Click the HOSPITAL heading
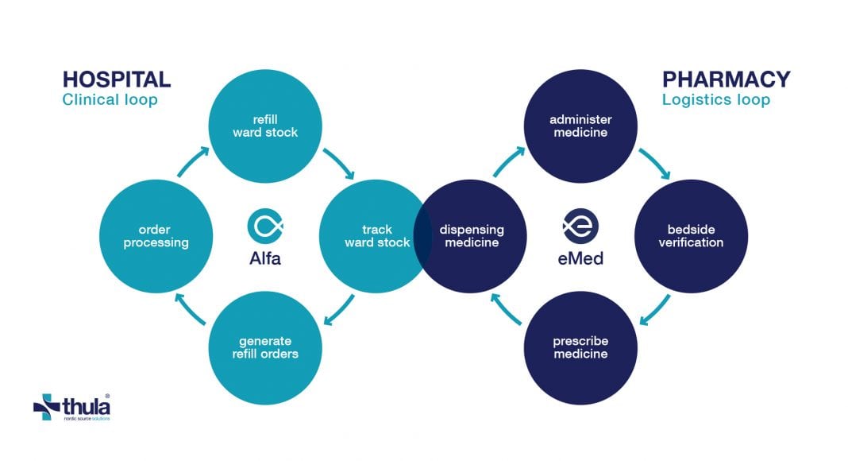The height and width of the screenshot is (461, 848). coord(117,79)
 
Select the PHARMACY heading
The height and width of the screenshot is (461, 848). coord(727,79)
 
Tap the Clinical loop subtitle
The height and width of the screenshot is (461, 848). coord(110,100)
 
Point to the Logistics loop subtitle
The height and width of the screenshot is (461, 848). coord(716,100)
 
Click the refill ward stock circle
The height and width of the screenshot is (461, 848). coord(265,126)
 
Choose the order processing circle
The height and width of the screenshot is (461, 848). coord(156,236)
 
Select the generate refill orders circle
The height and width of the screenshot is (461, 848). coord(265,347)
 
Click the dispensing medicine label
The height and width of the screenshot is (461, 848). coord(472,236)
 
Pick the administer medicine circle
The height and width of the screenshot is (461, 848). coord(580,126)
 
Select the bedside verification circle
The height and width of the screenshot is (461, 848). coord(691,236)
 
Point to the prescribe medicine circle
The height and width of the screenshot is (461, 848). coord(580,347)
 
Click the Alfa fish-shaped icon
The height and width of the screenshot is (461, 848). coord(265,226)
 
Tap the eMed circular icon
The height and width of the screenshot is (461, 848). coord(580,226)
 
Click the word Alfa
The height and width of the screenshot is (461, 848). coord(265,259)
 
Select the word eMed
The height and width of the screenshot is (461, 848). coord(580,259)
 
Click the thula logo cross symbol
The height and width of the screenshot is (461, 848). coord(47,407)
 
